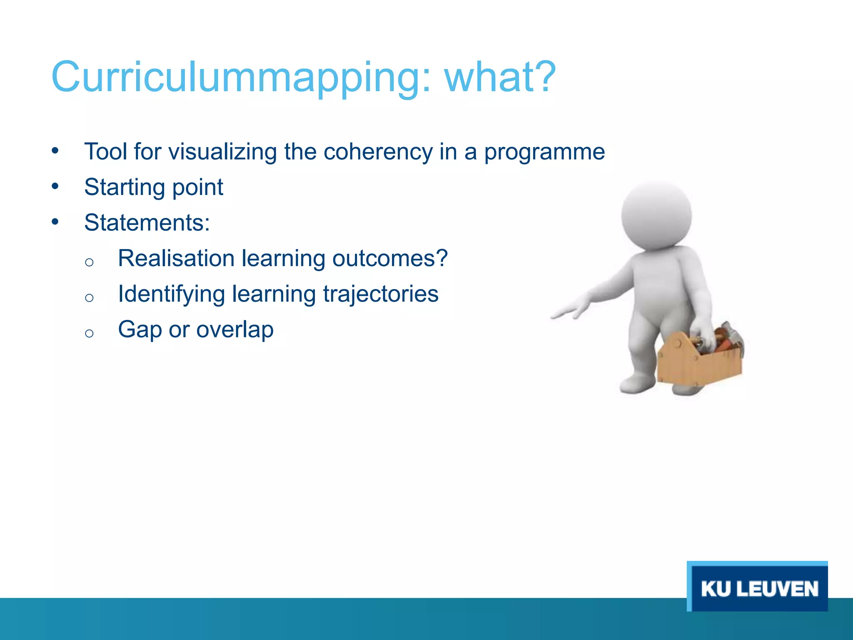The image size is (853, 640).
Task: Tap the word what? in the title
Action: coord(500,77)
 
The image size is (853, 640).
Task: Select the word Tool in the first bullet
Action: coord(105,151)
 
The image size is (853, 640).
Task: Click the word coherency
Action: coord(378,152)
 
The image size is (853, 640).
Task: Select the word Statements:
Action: coord(147,222)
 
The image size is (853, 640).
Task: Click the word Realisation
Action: coord(176,258)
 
